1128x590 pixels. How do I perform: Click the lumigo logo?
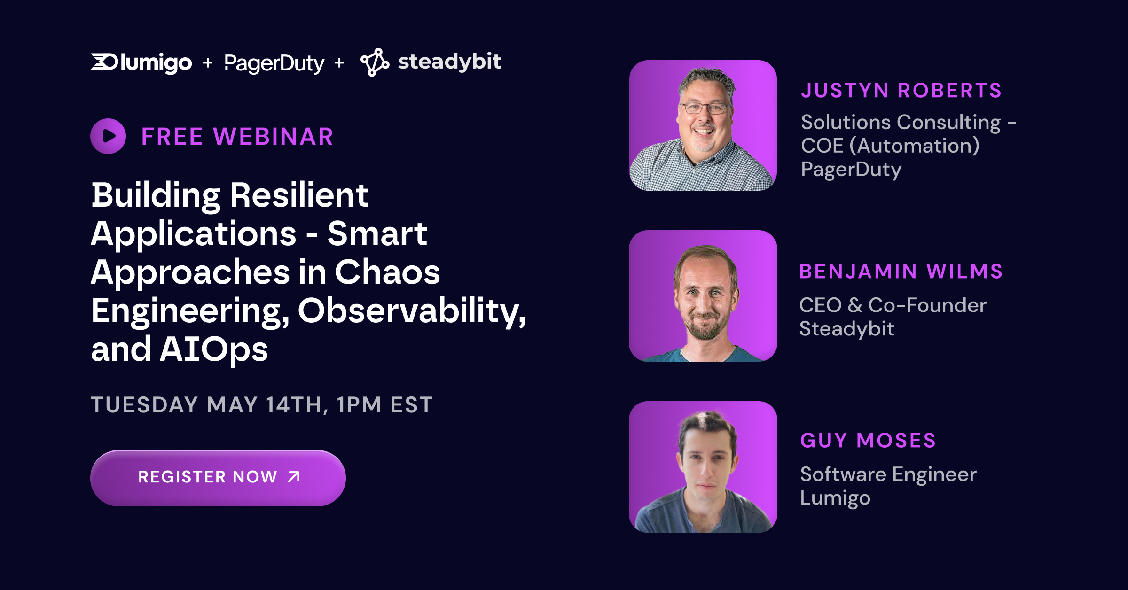click(141, 62)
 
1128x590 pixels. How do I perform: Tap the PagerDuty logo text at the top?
click(274, 63)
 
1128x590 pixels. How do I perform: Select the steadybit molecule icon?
click(375, 62)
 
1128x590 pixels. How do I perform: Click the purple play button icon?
click(108, 136)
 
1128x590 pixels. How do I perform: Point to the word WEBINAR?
click(273, 137)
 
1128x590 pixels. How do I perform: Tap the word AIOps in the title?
click(214, 349)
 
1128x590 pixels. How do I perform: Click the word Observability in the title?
click(412, 311)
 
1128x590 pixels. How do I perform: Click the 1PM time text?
click(359, 404)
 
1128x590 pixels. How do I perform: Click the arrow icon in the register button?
click(294, 477)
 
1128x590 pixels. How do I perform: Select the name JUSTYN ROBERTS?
click(901, 90)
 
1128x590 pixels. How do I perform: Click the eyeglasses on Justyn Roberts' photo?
click(704, 108)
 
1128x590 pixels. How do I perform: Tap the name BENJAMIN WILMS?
click(901, 271)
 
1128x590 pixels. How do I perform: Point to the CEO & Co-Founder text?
click(893, 305)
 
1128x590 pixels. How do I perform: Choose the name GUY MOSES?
click(868, 440)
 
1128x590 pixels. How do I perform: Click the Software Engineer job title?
click(888, 474)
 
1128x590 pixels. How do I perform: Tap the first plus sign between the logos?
click(208, 62)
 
